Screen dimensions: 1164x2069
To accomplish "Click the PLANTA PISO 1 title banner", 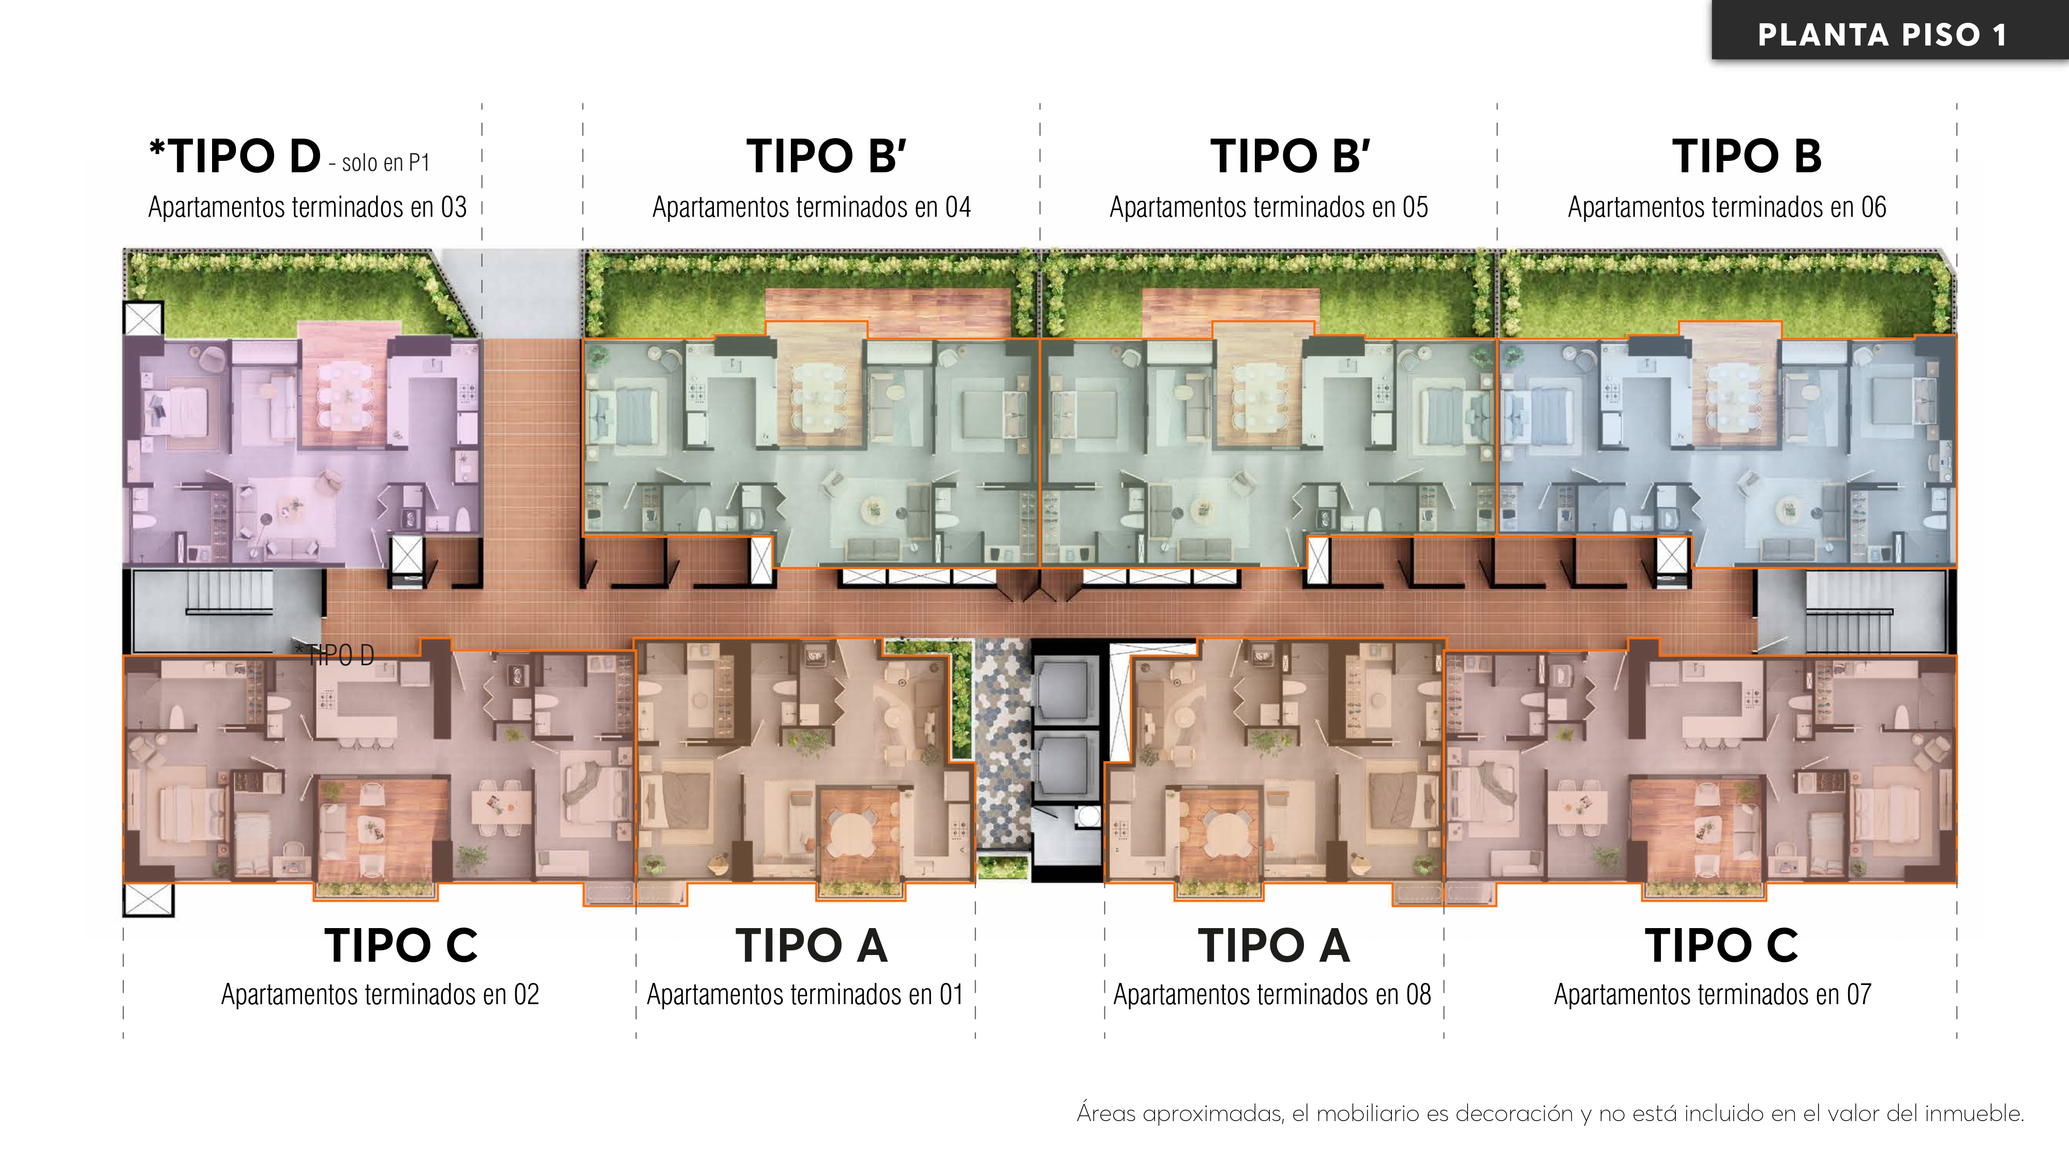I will pos(1883,34).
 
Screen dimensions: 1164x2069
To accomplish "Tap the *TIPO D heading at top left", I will pos(235,156).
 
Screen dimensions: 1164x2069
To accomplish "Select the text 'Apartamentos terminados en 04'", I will pos(811,207).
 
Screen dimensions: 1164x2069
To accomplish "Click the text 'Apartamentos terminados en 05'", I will pos(1269,207).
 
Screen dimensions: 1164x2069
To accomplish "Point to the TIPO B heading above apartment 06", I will pos(1746,156).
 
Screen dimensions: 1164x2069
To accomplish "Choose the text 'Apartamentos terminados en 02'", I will pos(380,994).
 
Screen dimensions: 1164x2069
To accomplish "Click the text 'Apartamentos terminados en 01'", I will pos(805,994).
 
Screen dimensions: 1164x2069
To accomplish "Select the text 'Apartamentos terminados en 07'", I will pos(1713,994).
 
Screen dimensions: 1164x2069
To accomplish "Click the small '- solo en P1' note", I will pos(379,163).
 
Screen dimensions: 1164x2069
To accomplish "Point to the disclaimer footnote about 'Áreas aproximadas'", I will pos(1550,1113).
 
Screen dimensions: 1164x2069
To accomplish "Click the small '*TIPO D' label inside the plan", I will pos(335,655).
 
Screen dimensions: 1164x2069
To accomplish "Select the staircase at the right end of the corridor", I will pos(1847,615).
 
